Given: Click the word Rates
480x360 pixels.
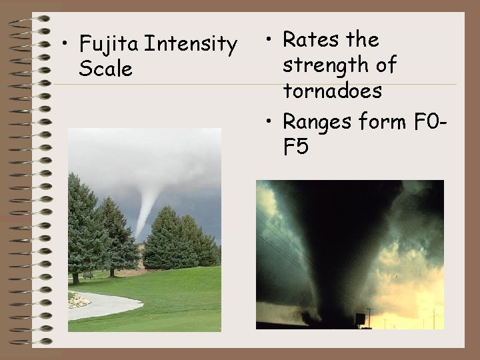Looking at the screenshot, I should coord(312,40).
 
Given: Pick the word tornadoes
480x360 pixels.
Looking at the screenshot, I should coord(332,91).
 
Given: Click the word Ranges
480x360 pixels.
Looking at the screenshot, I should coord(321,122).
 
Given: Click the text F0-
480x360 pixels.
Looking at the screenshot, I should coord(434,122).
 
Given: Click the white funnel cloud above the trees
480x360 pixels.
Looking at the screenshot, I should coord(145,203).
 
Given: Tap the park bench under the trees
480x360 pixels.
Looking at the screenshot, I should coord(88,275).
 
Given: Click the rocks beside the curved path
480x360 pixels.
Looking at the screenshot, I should coord(79,301).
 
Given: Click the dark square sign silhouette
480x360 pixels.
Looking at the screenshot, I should coord(360,319).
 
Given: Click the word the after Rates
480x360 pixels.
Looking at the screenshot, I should coord(363,40).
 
